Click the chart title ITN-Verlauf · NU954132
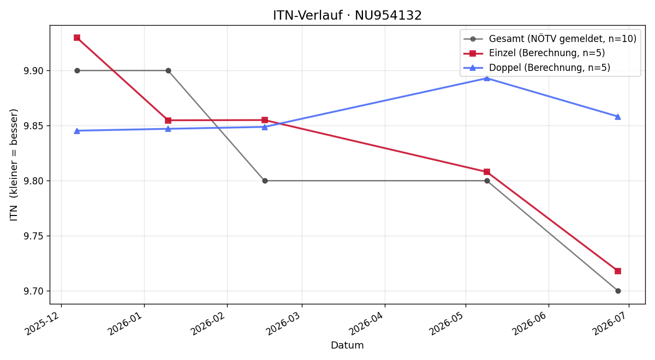point(347,15)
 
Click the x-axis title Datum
point(347,345)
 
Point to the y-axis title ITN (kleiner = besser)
point(14,165)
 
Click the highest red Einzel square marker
point(77,38)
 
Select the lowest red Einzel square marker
point(618,271)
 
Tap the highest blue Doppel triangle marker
point(487,78)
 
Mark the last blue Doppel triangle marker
point(618,117)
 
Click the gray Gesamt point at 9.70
point(618,291)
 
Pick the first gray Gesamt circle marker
point(77,71)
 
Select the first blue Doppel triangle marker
point(77,131)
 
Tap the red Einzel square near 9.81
point(487,172)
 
